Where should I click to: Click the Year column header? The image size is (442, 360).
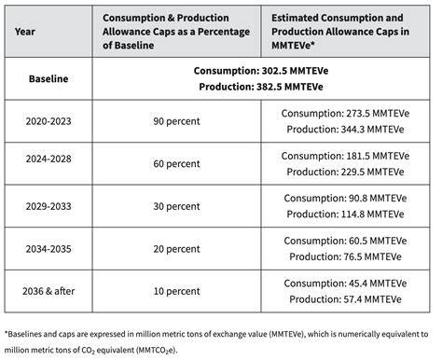pyautogui.click(x=25, y=32)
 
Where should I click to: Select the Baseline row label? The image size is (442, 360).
pyautogui.click(x=48, y=78)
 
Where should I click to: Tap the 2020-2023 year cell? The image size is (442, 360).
pyautogui.click(x=48, y=121)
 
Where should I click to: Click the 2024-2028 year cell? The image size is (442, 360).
pyautogui.click(x=48, y=159)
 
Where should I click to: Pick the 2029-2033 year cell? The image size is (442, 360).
pyautogui.click(x=48, y=206)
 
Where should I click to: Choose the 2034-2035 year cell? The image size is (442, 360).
pyautogui.click(x=48, y=249)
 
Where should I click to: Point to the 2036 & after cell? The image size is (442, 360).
pyautogui.click(x=48, y=291)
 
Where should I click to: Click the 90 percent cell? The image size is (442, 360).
pyautogui.click(x=176, y=121)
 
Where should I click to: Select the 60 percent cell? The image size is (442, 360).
pyautogui.click(x=176, y=164)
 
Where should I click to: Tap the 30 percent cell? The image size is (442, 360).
pyautogui.click(x=176, y=206)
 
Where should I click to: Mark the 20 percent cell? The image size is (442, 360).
pyautogui.click(x=176, y=249)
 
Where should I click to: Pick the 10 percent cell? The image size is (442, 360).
pyautogui.click(x=176, y=291)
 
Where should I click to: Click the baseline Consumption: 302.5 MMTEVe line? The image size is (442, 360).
pyautogui.click(x=261, y=71)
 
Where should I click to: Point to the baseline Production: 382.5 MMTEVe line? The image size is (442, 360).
pyautogui.click(x=261, y=87)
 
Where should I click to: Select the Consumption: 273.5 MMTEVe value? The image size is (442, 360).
pyautogui.click(x=345, y=114)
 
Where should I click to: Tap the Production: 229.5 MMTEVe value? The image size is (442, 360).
pyautogui.click(x=345, y=172)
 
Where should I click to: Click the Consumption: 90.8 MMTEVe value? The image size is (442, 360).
pyautogui.click(x=345, y=199)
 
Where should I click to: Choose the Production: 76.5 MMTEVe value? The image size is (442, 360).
pyautogui.click(x=345, y=256)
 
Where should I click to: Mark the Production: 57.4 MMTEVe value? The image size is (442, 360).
pyautogui.click(x=345, y=299)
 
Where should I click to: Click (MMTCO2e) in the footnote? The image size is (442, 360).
pyautogui.click(x=157, y=350)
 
